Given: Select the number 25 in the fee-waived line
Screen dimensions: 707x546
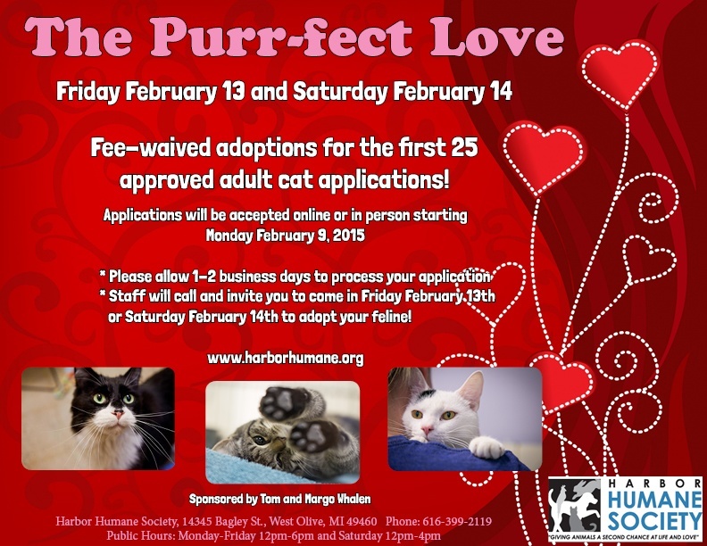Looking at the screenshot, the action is pyautogui.click(x=463, y=148).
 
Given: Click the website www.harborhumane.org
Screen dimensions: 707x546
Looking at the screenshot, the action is pyautogui.click(x=286, y=358).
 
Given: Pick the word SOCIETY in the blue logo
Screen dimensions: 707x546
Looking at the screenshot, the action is pyautogui.click(x=654, y=521).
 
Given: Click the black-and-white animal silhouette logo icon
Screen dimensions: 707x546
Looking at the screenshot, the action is pyautogui.click(x=575, y=505).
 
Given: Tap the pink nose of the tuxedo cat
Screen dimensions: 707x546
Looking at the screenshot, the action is pyautogui.click(x=118, y=413).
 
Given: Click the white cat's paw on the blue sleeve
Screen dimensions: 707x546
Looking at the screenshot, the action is pyautogui.click(x=487, y=447).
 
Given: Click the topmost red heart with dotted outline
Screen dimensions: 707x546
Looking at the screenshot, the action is pyautogui.click(x=620, y=73).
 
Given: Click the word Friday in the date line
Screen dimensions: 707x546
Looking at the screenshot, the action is pyautogui.click(x=88, y=92).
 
